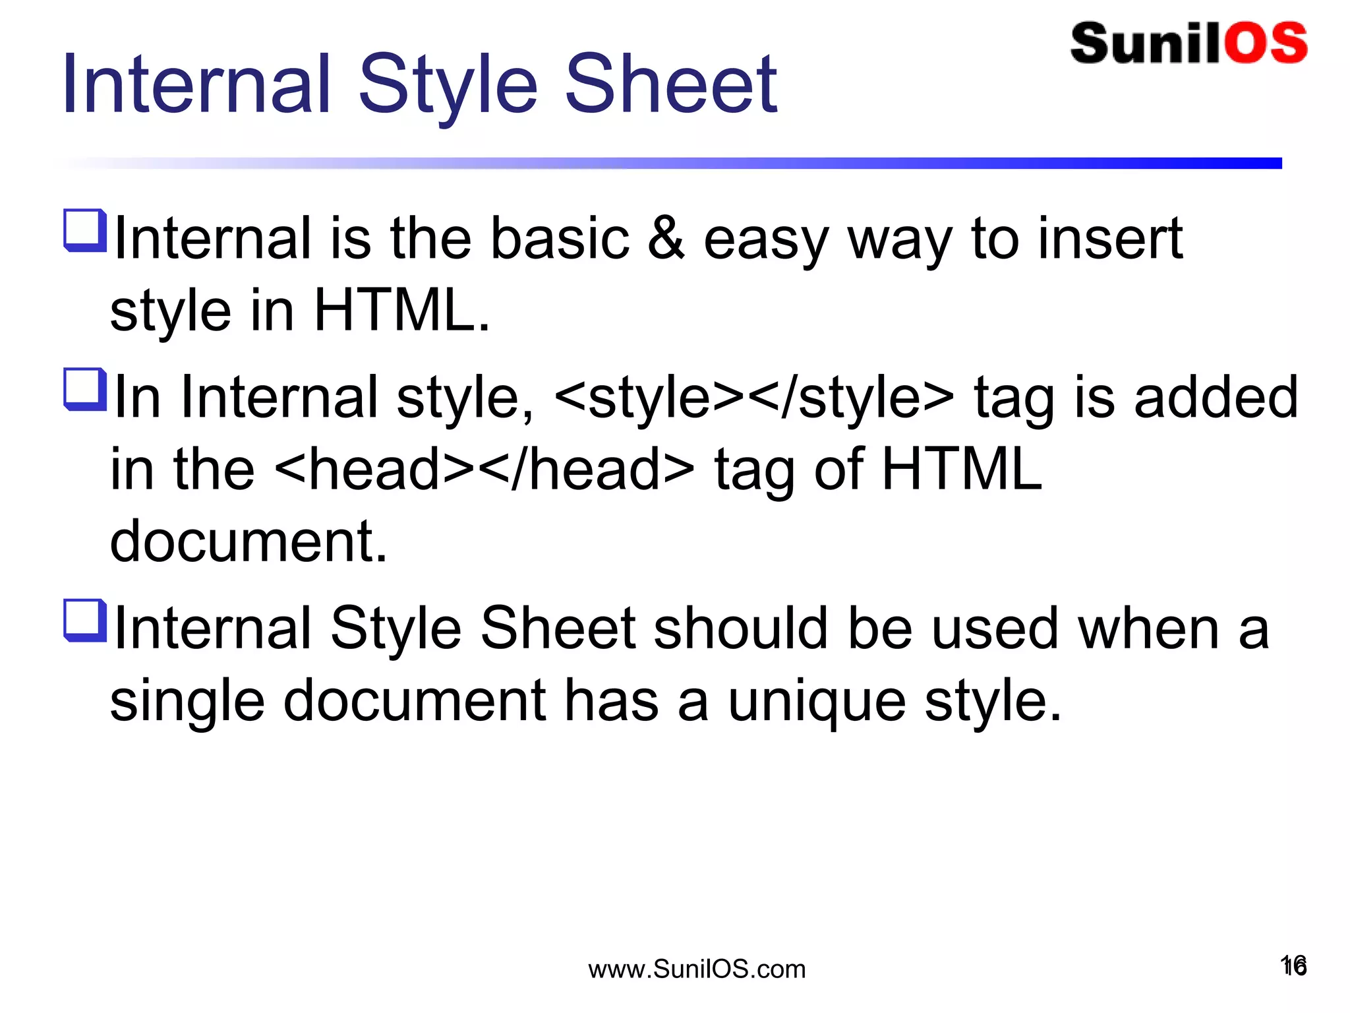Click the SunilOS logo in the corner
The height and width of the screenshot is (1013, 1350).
1189,44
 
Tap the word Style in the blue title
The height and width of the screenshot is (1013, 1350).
448,86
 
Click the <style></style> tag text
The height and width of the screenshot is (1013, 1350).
754,398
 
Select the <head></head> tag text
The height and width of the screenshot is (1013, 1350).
484,470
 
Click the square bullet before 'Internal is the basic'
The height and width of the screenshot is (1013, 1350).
85,230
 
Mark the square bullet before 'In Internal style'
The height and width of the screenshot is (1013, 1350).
85,389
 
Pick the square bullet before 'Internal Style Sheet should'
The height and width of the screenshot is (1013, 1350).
85,620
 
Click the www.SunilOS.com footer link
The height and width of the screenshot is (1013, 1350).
697,969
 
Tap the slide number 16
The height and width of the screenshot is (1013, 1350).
1293,966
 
